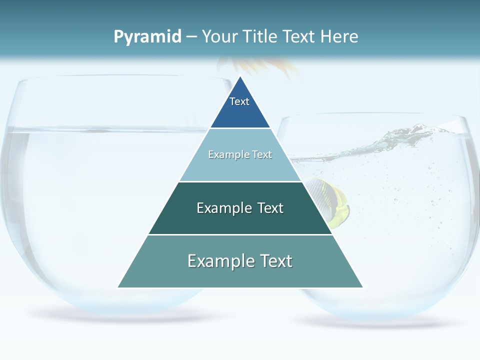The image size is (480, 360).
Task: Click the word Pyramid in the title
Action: pyautogui.click(x=147, y=36)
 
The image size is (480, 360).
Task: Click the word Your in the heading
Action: pyautogui.click(x=219, y=36)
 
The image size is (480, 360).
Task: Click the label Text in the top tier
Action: pyautogui.click(x=239, y=101)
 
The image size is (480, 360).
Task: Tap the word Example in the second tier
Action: pyautogui.click(x=224, y=154)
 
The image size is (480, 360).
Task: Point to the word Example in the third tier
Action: pyautogui.click(x=218, y=208)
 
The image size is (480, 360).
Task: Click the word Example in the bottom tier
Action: pyautogui.click(x=213, y=261)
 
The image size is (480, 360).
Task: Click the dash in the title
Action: pyautogui.click(x=191, y=36)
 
